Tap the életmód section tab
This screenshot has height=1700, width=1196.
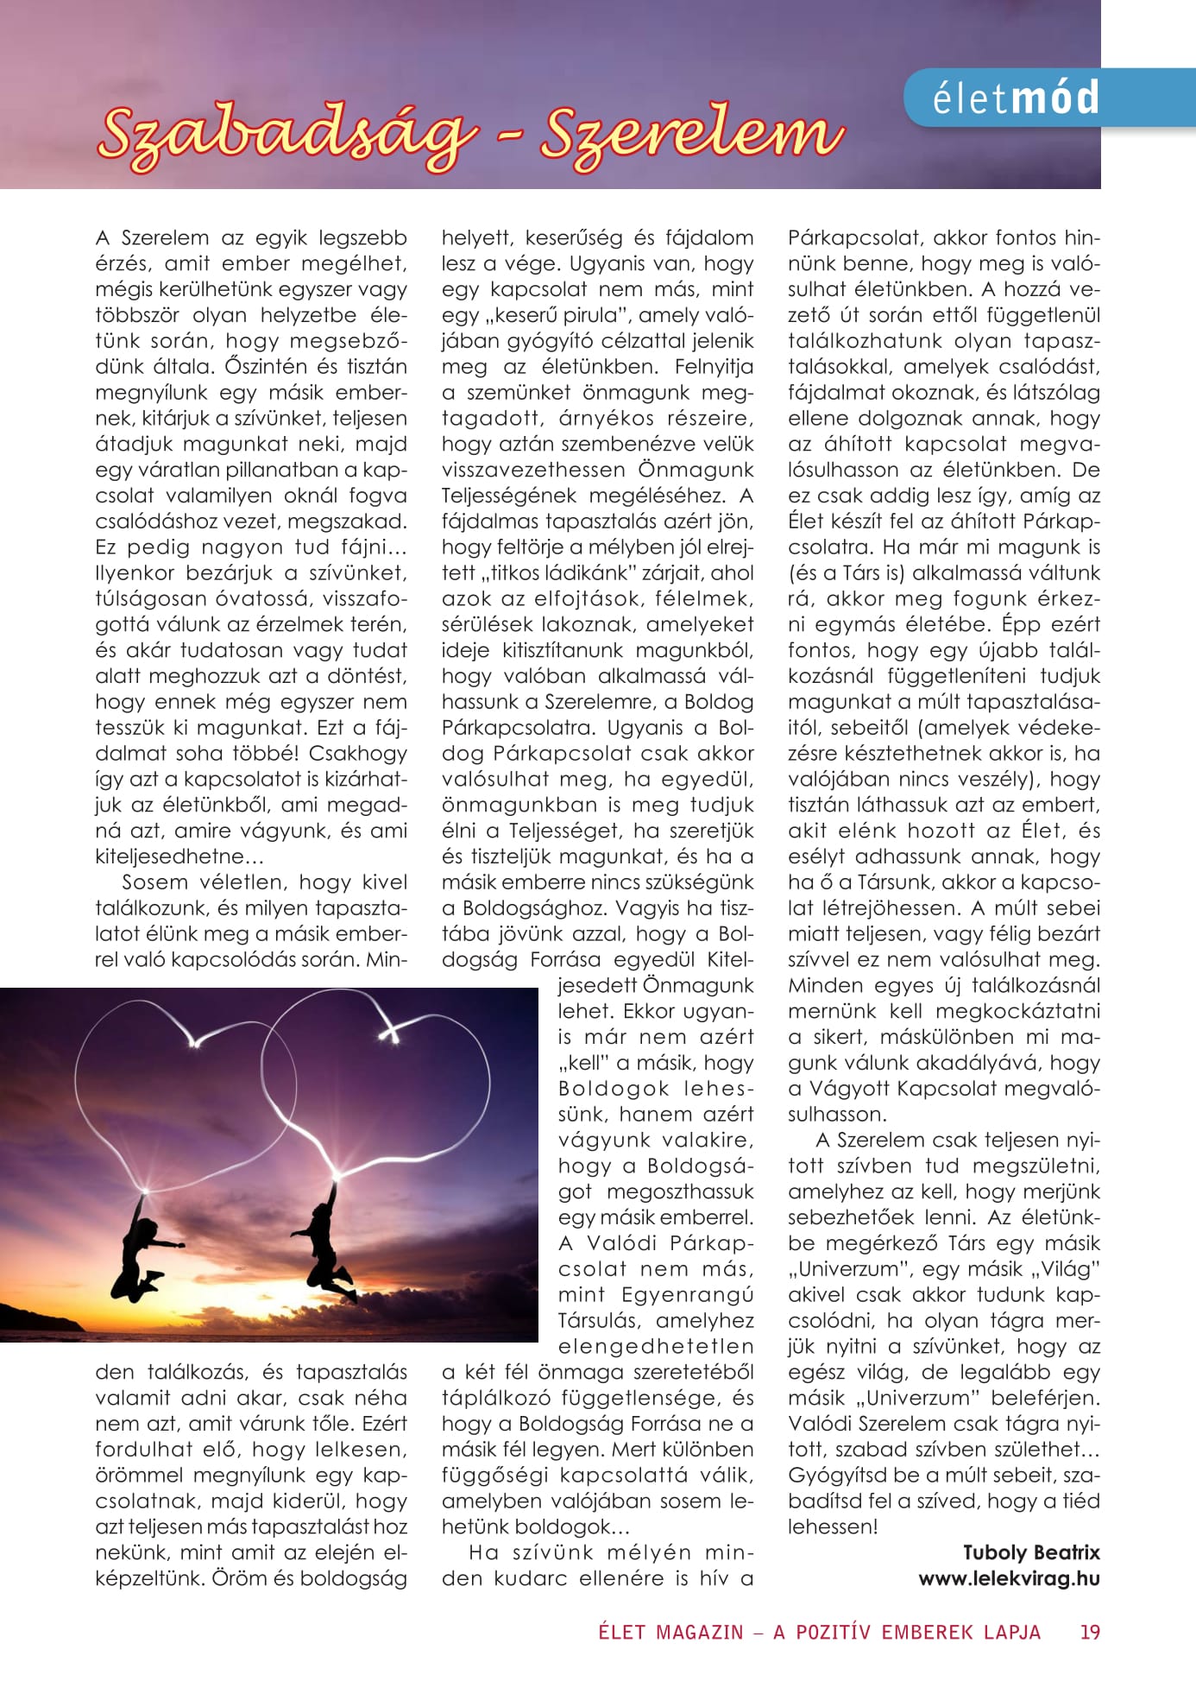[1017, 98]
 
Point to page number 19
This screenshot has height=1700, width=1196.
[1090, 1632]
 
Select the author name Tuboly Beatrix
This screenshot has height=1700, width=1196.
[1031, 1552]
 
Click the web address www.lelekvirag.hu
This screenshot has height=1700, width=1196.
[1009, 1578]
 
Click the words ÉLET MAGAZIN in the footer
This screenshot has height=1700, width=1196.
[670, 1632]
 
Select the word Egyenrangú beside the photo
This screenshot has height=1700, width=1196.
[687, 1295]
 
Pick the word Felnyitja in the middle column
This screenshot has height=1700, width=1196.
[714, 367]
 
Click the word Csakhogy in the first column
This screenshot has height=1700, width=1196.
[358, 754]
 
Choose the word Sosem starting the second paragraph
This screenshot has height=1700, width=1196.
[154, 882]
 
